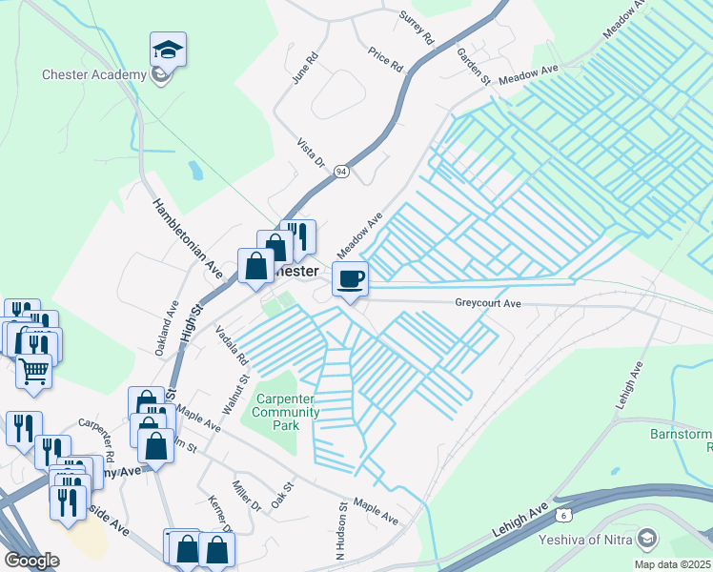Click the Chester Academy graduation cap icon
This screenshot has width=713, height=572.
pos(169,49)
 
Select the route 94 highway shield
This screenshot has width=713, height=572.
pos(341,172)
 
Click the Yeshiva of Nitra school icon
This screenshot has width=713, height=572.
pos(650,540)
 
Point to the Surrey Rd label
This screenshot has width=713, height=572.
pos(417,28)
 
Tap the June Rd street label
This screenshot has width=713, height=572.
pos(302,70)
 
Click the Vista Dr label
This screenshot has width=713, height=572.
pos(313,150)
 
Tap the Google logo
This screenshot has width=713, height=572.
pos(32,561)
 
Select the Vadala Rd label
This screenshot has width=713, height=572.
pos(232,346)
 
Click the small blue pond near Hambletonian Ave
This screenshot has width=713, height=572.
pos(195,171)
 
